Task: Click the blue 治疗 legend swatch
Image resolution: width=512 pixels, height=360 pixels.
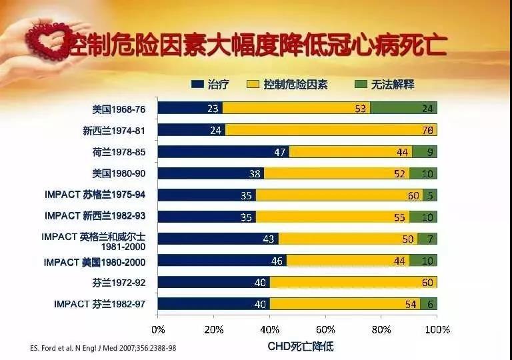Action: click(x=196, y=85)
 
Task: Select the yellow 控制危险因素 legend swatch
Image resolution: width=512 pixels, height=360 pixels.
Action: click(x=253, y=85)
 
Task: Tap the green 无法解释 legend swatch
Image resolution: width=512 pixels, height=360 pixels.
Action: click(x=359, y=85)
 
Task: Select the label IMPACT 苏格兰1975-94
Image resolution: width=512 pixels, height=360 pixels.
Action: click(x=95, y=195)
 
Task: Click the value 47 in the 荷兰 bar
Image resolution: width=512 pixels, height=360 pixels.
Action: click(x=280, y=152)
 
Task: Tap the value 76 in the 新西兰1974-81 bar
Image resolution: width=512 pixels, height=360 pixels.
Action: click(x=428, y=130)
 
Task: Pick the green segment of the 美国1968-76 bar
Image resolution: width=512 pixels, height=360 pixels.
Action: click(x=404, y=108)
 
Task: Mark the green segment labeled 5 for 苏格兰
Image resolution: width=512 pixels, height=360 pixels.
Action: click(x=431, y=195)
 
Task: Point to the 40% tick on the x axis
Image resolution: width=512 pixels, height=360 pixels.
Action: click(x=270, y=329)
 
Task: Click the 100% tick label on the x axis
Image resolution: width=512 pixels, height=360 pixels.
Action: click(x=437, y=329)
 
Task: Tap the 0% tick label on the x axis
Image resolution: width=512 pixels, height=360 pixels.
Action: click(x=158, y=329)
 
